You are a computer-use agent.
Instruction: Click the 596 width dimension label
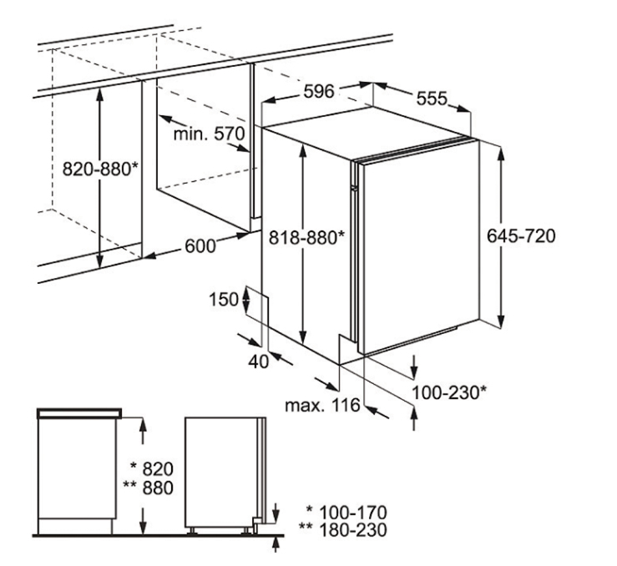[319, 92]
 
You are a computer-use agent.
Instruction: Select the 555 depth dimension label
[432, 99]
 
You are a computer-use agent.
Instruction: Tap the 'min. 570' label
[209, 134]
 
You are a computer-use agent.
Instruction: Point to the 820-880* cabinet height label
[100, 169]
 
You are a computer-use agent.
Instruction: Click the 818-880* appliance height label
[307, 238]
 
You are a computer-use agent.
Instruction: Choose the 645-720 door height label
[521, 236]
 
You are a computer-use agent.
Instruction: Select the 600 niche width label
[200, 246]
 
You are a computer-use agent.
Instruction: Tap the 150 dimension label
[224, 300]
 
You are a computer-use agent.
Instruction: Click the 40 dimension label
[258, 361]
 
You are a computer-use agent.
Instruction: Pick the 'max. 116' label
[322, 405]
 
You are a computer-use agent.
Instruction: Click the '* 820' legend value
[151, 469]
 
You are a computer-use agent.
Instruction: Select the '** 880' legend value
[149, 488]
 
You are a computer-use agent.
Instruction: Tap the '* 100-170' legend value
[346, 513]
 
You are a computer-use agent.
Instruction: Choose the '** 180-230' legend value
[343, 530]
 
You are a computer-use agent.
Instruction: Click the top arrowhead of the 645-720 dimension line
[500, 154]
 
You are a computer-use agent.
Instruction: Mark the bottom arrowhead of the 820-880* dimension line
[100, 260]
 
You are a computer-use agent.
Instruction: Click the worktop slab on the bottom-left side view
[79, 413]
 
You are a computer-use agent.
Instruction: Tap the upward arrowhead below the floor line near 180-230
[276, 543]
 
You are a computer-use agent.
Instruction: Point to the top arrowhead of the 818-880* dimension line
[303, 151]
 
